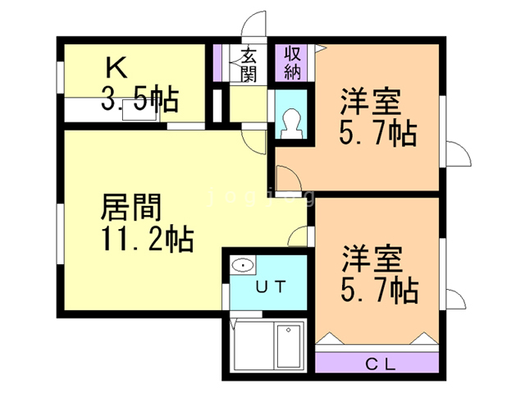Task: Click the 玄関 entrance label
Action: point(248,65)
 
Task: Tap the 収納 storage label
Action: point(292,62)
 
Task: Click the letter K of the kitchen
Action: point(114,66)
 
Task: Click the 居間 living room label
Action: point(130,208)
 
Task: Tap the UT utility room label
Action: point(268,286)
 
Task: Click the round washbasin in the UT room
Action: point(241,265)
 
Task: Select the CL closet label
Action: point(377,363)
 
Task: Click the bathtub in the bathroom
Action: point(289,347)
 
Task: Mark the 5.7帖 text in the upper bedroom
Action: point(378,133)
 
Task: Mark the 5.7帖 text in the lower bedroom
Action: point(378,289)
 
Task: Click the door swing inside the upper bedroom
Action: point(286,177)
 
